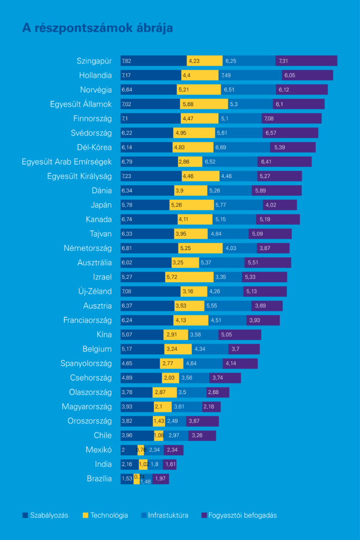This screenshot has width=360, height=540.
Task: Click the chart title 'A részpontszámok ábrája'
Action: (97, 28)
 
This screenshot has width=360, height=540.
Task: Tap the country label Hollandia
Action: (95, 75)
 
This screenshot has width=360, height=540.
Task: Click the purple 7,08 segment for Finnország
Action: (291, 119)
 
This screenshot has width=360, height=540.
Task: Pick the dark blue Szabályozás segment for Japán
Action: (145, 205)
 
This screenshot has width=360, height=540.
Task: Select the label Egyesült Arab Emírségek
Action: (67, 162)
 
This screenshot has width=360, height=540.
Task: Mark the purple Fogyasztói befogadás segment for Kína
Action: (239, 335)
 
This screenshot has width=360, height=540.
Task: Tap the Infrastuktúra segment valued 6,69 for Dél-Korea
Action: (241, 148)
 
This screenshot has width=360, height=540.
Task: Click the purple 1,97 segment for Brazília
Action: (161, 479)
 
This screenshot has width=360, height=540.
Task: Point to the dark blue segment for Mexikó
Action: (129, 450)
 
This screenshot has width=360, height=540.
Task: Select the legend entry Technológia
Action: (105, 515)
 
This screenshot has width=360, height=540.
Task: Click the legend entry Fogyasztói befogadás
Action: (239, 515)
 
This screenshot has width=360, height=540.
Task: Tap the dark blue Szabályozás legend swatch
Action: (25, 515)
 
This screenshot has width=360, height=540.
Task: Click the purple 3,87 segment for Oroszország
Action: (202, 421)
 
